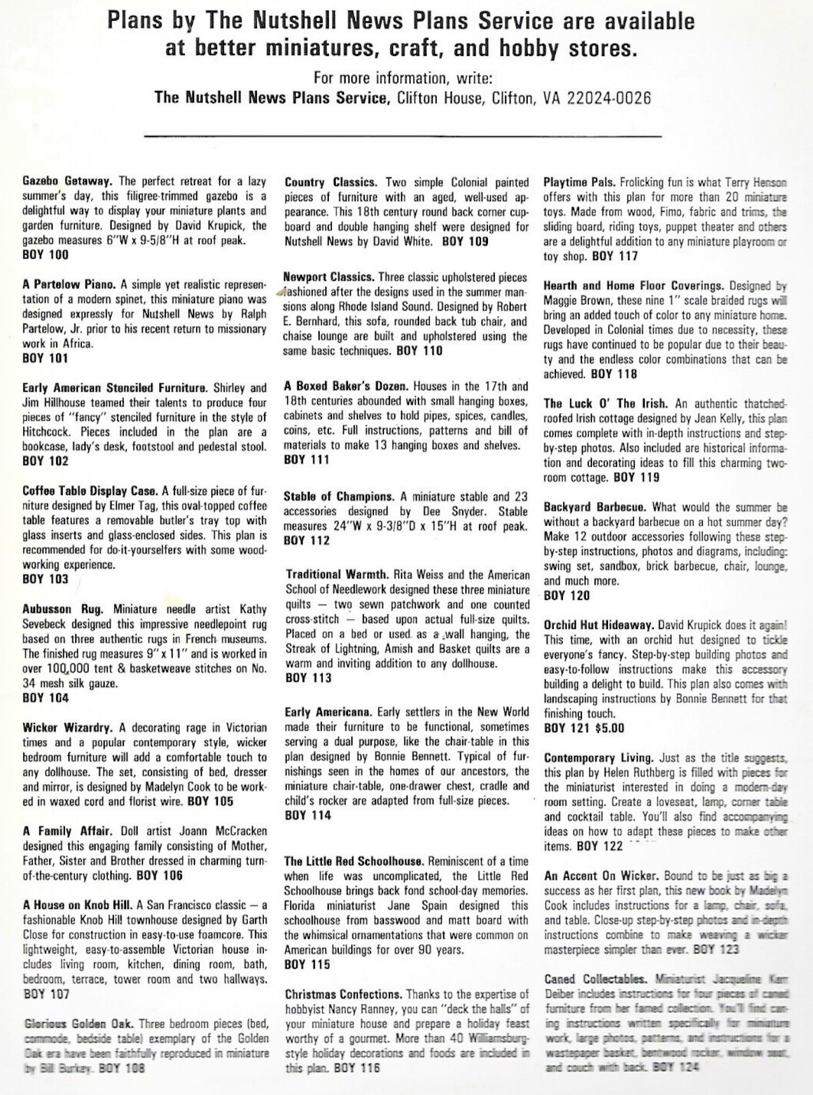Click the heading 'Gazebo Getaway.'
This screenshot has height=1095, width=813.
pyautogui.click(x=67, y=181)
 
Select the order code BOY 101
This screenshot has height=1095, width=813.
pyautogui.click(x=45, y=358)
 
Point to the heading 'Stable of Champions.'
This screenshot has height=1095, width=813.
pyautogui.click(x=339, y=497)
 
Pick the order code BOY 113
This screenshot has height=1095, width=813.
pyautogui.click(x=308, y=678)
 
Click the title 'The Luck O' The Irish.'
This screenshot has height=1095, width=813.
pyautogui.click(x=605, y=403)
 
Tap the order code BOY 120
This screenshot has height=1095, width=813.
pyautogui.click(x=567, y=595)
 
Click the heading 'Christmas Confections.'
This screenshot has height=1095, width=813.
pyautogui.click(x=343, y=995)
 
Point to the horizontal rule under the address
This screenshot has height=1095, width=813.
pyautogui.click(x=402, y=136)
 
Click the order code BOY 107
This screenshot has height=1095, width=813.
pyautogui.click(x=46, y=994)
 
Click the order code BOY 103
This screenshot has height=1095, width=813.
pyautogui.click(x=45, y=579)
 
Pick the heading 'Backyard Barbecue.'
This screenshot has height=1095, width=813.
pyautogui.click(x=595, y=507)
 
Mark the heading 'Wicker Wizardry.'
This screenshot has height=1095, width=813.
pyautogui.click(x=67, y=728)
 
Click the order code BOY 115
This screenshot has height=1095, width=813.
pyautogui.click(x=307, y=965)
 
